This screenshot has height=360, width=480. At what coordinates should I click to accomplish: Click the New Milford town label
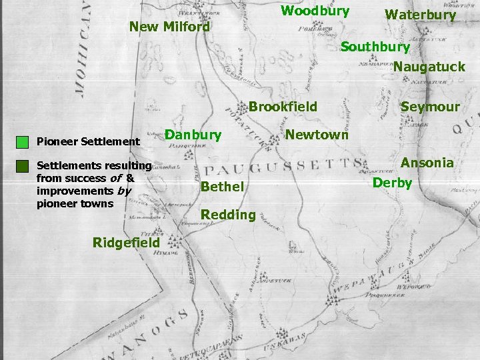point(169,27)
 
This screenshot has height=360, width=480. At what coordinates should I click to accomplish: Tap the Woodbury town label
point(315,11)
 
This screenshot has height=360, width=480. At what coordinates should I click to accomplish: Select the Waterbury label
point(420,15)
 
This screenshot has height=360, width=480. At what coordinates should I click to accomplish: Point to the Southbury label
point(375,47)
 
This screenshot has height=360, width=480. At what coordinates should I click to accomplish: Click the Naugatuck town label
point(429,67)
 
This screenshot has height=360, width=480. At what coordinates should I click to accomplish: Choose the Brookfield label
point(283,107)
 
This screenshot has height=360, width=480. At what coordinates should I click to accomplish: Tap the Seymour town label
point(430,107)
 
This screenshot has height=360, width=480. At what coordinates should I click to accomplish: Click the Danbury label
point(193,135)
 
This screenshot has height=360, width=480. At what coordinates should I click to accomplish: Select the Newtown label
point(317,135)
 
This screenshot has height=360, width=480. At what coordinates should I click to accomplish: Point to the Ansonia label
point(427,163)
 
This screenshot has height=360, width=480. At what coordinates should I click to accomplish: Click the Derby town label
point(392,183)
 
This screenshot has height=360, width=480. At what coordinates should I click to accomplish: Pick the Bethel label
point(222,187)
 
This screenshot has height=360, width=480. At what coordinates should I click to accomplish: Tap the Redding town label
point(228,215)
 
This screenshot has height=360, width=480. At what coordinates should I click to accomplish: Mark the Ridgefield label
point(127,243)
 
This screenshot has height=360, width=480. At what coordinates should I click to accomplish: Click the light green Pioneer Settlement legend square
point(23,141)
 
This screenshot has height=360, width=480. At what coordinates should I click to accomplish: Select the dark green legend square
point(23,166)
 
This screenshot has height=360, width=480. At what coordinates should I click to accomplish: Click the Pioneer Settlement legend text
point(88,141)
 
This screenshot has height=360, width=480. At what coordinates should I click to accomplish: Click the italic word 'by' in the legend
point(124,191)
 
